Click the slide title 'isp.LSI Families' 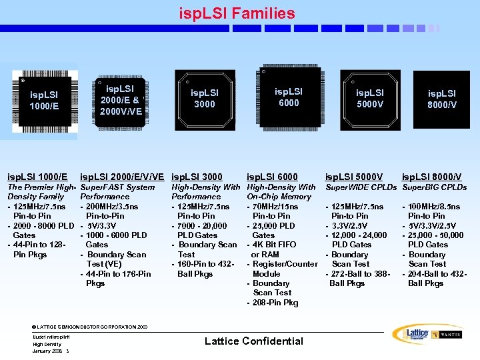[x=237, y=13]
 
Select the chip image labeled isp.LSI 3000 [x=204, y=99]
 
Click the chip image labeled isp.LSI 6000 [x=288, y=97]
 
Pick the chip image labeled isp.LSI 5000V [x=369, y=99]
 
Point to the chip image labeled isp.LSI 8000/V [x=442, y=99]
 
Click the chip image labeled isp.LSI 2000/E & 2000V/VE [x=120, y=99]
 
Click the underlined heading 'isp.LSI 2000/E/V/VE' [x=122, y=177]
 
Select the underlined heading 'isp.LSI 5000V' [x=353, y=177]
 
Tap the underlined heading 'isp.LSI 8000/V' [x=431, y=177]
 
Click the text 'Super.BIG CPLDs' [x=435, y=187]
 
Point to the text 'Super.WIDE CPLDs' [x=361, y=187]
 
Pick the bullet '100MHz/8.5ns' [x=434, y=207]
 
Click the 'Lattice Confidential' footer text [x=253, y=341]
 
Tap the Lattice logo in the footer [x=411, y=334]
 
